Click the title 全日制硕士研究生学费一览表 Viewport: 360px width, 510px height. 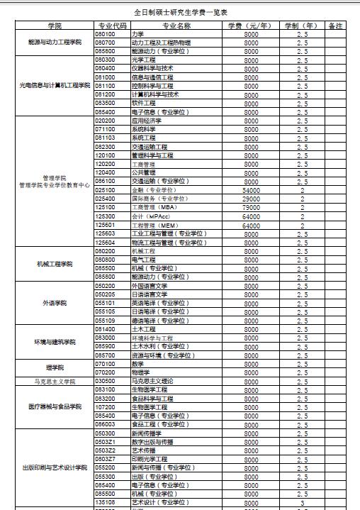[180, 13]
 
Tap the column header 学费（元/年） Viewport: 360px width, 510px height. [251, 26]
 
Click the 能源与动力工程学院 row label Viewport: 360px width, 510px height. [55, 43]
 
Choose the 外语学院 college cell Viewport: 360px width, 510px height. [55, 303]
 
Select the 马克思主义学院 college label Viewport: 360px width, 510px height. [55, 381]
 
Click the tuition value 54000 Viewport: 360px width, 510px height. [251, 190]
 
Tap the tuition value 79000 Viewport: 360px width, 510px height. [251, 208]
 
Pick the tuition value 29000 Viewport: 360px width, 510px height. [251, 199]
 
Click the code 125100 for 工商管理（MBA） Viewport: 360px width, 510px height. [105, 208]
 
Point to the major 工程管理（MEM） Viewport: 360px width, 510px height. [151, 225]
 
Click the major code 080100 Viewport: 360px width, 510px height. [105, 34]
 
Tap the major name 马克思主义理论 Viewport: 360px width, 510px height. [152, 381]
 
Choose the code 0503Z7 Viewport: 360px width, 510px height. [105, 459]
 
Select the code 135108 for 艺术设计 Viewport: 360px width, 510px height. [105, 502]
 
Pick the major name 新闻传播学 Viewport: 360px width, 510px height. [147, 433]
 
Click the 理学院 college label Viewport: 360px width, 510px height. [55, 367]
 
